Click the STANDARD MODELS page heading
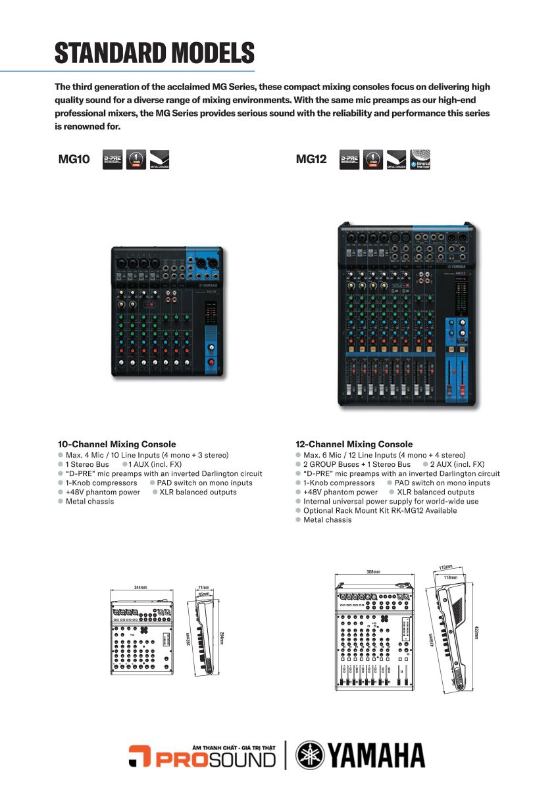(154, 53)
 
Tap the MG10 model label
(73, 158)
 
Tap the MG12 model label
(311, 158)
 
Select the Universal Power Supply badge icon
(420, 159)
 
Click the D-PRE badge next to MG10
(113, 159)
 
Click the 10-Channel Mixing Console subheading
(116, 444)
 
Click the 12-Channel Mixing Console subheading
(355, 444)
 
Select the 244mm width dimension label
(140, 587)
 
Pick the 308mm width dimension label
(373, 572)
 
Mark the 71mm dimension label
(204, 587)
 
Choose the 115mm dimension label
(446, 567)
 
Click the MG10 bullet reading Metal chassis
(89, 501)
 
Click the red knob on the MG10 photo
(212, 362)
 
